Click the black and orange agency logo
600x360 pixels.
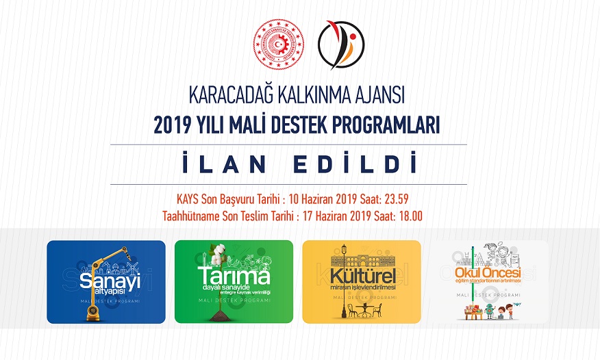point(341,43)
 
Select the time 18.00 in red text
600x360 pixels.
point(408,217)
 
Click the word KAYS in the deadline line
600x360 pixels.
point(188,201)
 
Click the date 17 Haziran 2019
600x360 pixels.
point(329,217)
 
